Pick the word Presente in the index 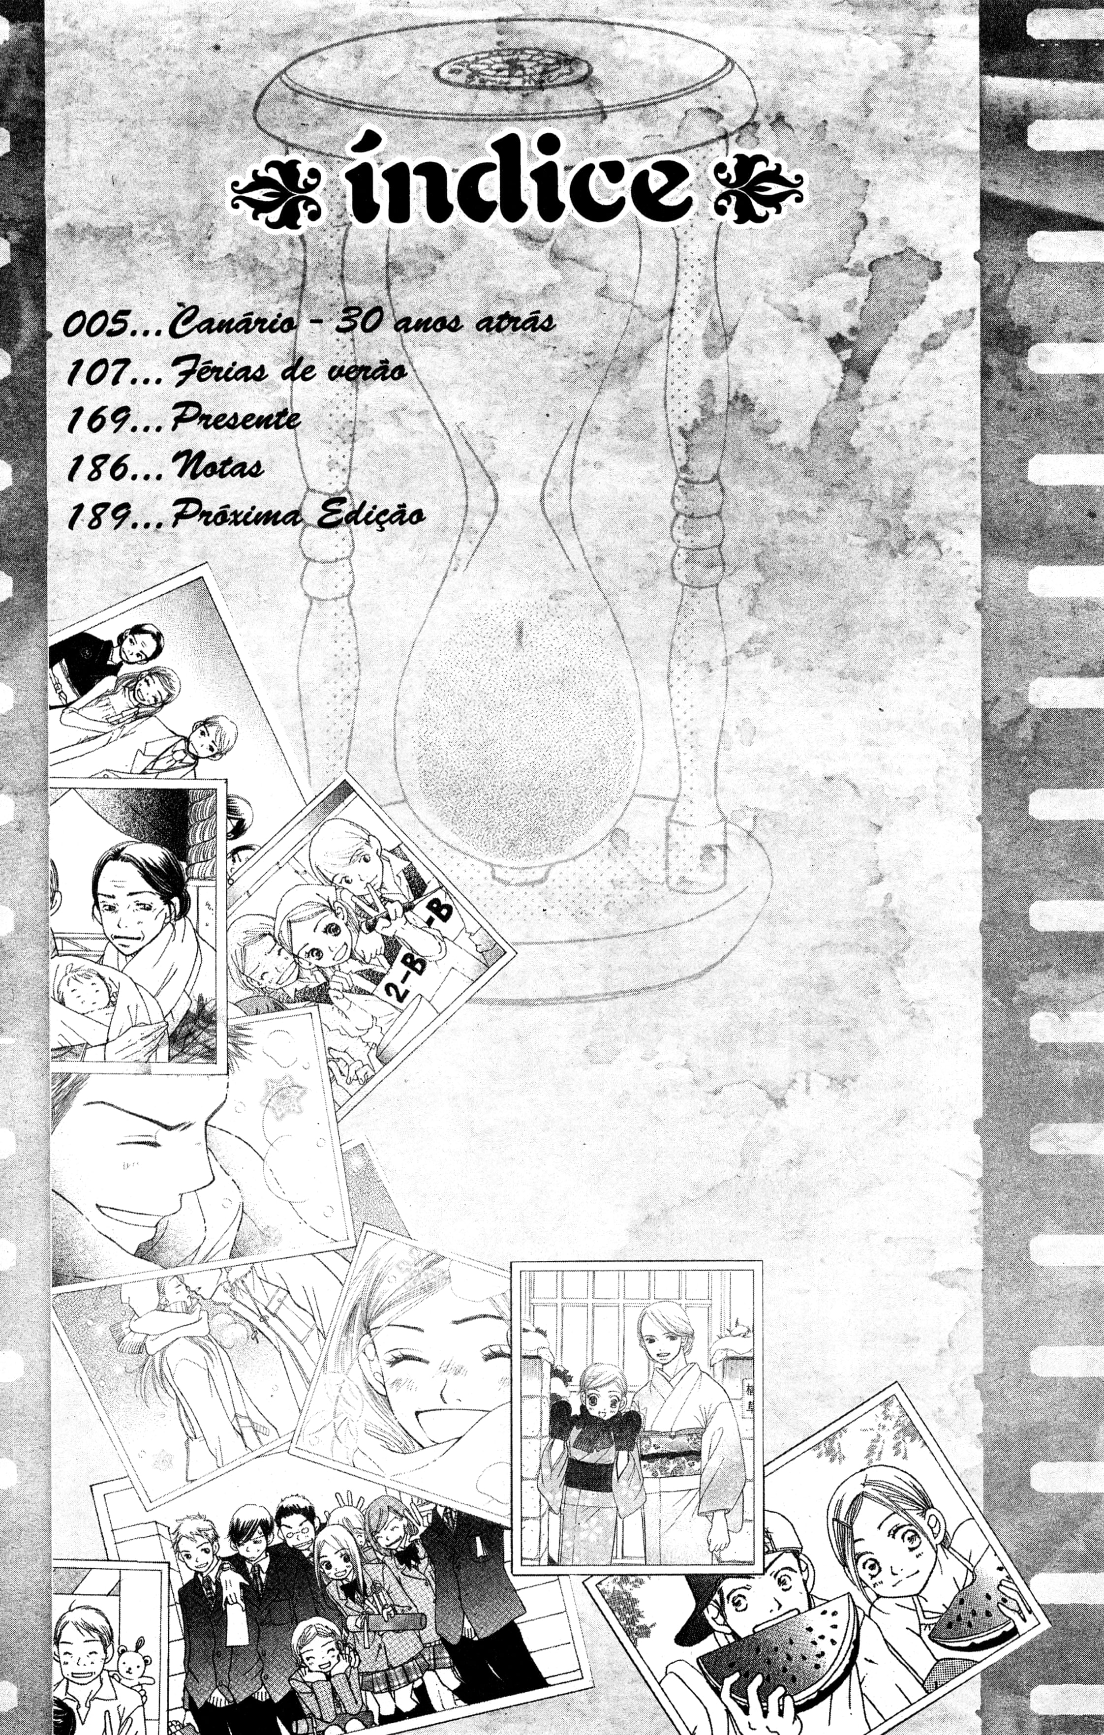[x=235, y=419]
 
